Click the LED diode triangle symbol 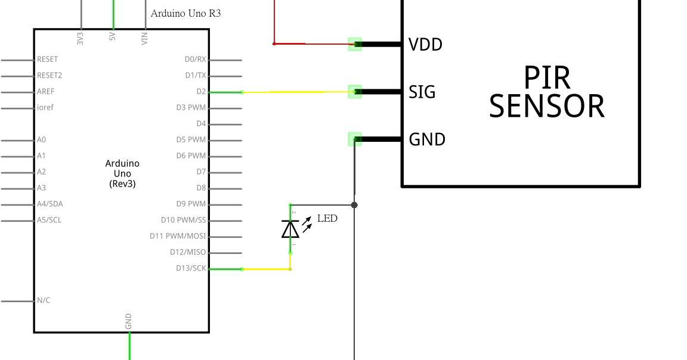[290, 229]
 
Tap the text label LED [327, 218]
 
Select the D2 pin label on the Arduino [200, 92]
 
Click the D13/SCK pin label [191, 268]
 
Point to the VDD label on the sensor [425, 44]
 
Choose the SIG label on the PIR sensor [422, 92]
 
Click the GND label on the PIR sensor [427, 139]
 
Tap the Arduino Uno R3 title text [185, 13]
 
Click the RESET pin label [48, 60]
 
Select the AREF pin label [46, 92]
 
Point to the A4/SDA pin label [49, 204]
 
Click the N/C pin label [44, 300]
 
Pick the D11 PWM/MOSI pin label [178, 236]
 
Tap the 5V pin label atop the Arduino [113, 37]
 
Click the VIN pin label [144, 38]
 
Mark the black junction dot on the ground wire [354, 205]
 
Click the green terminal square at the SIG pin [355, 91]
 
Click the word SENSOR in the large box [546, 106]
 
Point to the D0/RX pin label [195, 60]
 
